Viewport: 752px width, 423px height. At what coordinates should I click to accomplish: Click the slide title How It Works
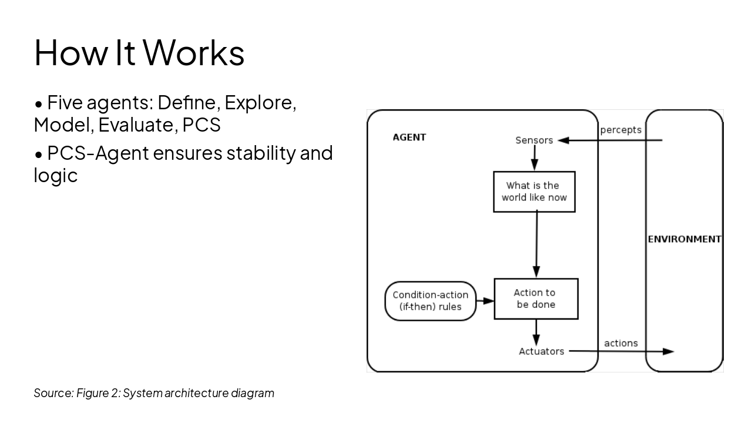point(139,53)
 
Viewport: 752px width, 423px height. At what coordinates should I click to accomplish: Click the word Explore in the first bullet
point(259,103)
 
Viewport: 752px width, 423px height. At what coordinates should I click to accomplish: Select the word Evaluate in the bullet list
point(137,125)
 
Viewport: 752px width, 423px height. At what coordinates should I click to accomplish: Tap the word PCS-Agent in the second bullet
point(98,153)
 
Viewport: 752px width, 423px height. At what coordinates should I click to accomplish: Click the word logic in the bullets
point(55,175)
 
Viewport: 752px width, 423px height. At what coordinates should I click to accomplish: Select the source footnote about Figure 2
point(154,393)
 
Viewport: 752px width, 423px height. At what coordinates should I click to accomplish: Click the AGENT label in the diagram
point(409,137)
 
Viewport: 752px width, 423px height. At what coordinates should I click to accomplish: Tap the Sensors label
point(534,140)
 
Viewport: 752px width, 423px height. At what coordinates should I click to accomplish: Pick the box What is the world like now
point(533,192)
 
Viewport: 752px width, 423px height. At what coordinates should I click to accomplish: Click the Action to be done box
point(536,298)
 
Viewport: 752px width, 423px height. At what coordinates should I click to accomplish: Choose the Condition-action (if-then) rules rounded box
point(430,301)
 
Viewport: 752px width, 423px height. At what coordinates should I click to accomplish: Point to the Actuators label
point(541,351)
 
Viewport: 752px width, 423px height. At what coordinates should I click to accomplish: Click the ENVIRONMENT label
point(684,239)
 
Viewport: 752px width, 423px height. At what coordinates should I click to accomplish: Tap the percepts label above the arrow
point(620,130)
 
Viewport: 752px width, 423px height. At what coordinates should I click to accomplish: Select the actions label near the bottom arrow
point(620,343)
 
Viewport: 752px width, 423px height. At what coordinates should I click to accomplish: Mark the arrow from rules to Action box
point(485,301)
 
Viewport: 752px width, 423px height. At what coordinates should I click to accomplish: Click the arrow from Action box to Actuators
point(536,333)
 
